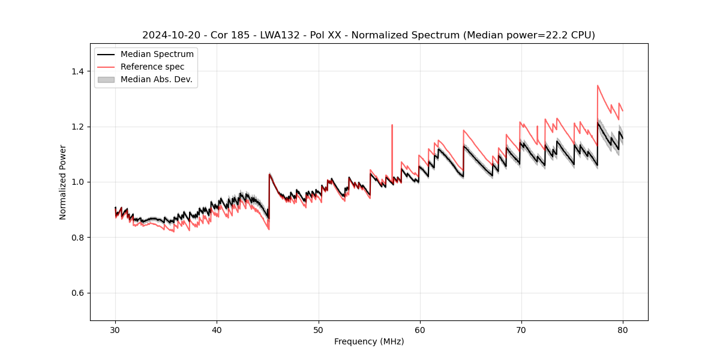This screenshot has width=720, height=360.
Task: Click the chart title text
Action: click(x=368, y=35)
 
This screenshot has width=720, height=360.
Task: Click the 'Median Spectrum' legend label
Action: click(x=157, y=55)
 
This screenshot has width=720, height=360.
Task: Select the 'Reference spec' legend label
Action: click(x=152, y=67)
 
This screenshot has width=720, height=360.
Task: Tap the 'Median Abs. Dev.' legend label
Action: click(x=157, y=79)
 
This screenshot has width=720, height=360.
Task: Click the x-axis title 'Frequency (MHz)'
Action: click(x=369, y=341)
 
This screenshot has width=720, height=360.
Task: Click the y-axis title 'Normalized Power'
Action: click(x=63, y=182)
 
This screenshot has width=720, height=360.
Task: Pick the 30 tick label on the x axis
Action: click(x=116, y=329)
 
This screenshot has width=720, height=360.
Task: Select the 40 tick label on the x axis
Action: click(x=217, y=329)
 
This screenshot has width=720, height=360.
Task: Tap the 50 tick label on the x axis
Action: click(x=319, y=329)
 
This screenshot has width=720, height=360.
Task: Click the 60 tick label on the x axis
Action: click(x=420, y=329)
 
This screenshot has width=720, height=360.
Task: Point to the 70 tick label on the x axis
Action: click(x=521, y=329)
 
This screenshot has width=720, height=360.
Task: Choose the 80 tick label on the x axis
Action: click(x=623, y=329)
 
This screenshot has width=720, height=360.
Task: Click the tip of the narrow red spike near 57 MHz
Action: click(x=392, y=125)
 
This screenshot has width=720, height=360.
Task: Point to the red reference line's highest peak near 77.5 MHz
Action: click(x=598, y=85)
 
